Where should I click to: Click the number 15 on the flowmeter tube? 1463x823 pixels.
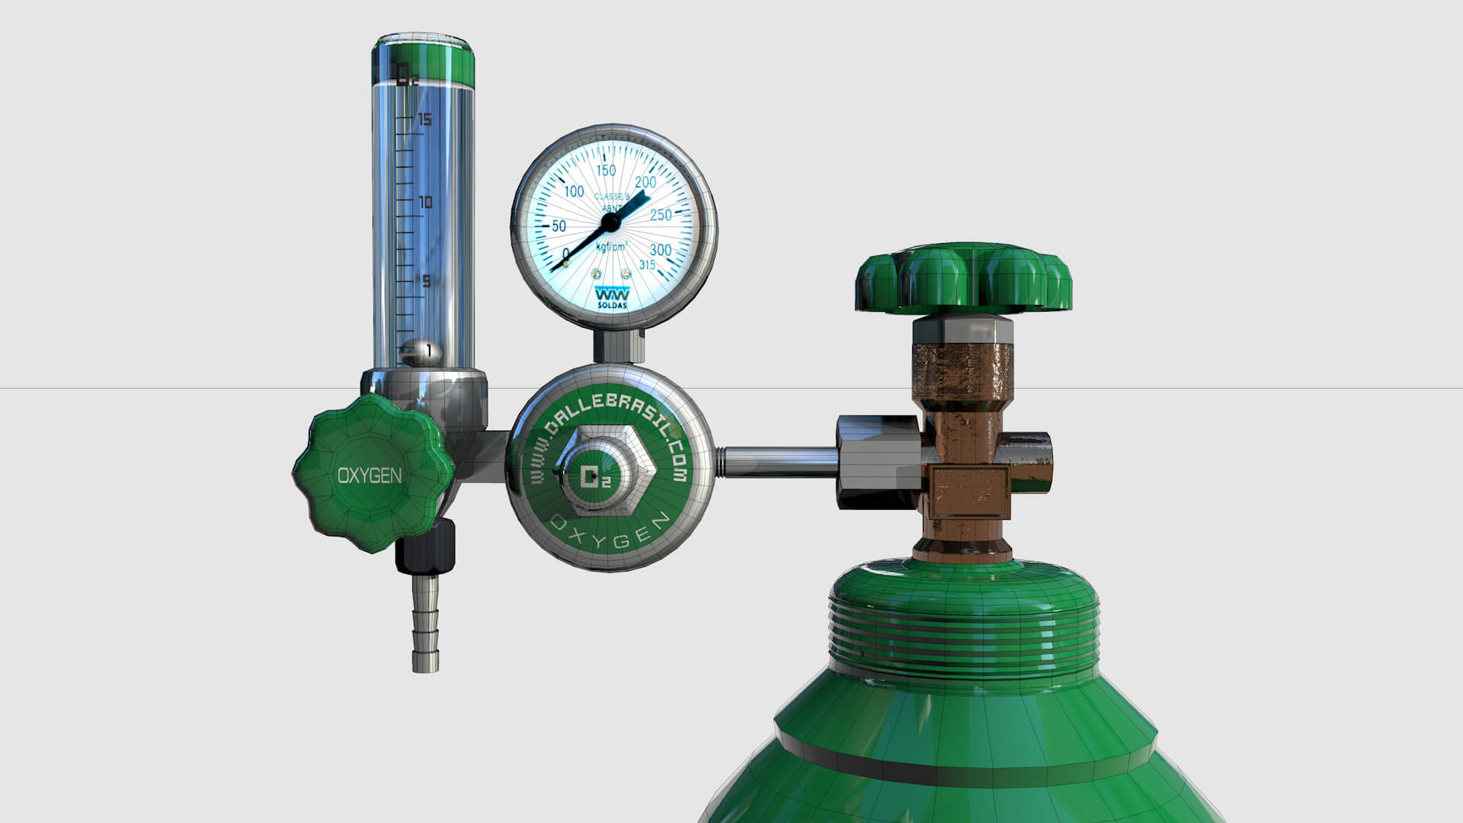click(424, 120)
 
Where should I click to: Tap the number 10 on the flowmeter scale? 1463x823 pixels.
click(425, 202)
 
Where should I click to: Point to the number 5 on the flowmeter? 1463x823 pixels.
click(426, 282)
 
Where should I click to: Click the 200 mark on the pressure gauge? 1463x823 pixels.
click(645, 182)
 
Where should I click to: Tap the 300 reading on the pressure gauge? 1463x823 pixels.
click(660, 250)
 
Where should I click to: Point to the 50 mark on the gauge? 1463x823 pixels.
click(559, 226)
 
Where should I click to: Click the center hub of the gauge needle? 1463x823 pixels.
click(610, 223)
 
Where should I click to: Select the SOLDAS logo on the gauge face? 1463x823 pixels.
click(612, 297)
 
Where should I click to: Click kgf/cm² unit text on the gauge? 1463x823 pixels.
click(611, 248)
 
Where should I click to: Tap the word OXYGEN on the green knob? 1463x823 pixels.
click(370, 476)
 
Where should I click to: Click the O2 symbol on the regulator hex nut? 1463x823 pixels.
click(596, 477)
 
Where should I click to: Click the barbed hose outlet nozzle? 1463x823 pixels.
click(425, 625)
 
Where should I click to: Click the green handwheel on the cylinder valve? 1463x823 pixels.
click(963, 278)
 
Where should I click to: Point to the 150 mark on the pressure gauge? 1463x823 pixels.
click(606, 170)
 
